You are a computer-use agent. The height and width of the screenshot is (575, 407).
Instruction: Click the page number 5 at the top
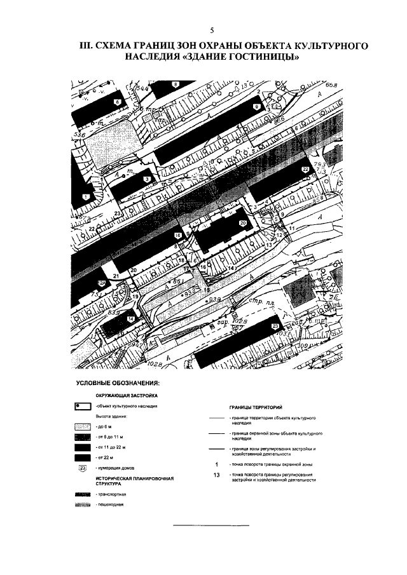[x=211, y=30]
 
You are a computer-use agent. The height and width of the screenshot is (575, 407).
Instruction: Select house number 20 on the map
[x=242, y=224]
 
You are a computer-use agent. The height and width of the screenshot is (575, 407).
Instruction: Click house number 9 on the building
[x=256, y=108]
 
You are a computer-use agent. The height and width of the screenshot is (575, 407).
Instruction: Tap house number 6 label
[x=117, y=102]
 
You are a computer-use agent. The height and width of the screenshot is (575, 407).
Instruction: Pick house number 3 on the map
[x=147, y=180]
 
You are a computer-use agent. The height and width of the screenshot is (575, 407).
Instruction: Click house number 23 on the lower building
[x=275, y=327]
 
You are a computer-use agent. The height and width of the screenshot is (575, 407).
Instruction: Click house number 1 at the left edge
[x=84, y=197]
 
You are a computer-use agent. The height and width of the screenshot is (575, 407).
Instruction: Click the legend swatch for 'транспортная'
[x=84, y=494]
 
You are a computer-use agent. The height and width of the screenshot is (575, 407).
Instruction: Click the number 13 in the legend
[x=217, y=475]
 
